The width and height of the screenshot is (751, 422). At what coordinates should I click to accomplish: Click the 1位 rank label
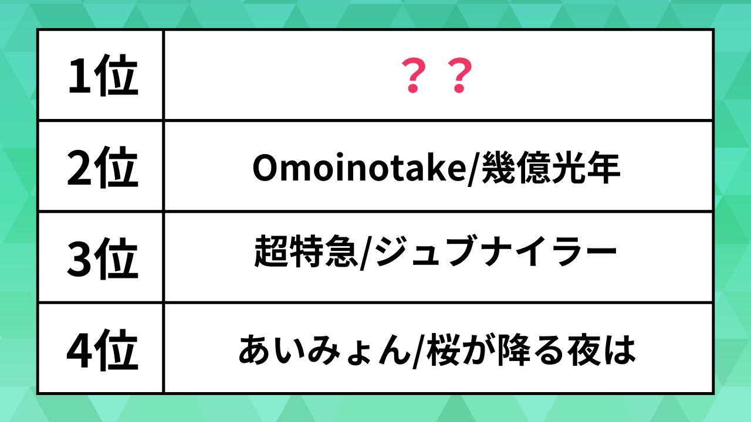pyautogui.click(x=103, y=75)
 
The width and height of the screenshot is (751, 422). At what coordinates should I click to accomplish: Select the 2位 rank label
pyautogui.click(x=103, y=167)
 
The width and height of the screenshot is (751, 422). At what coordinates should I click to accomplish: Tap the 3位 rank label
pyautogui.click(x=103, y=258)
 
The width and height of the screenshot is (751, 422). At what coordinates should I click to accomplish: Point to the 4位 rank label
pyautogui.click(x=103, y=350)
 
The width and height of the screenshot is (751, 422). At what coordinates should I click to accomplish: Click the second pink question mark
pyautogui.click(x=460, y=75)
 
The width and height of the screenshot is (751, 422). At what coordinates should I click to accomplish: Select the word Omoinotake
pyautogui.click(x=359, y=167)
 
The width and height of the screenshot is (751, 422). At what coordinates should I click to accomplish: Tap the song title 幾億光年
pyautogui.click(x=551, y=167)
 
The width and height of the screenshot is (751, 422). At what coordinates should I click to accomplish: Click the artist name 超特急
pyautogui.click(x=306, y=251)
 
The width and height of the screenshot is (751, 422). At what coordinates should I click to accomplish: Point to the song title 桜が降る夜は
pyautogui.click(x=532, y=350)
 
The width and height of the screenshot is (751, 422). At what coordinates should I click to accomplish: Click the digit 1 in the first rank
pyautogui.click(x=80, y=75)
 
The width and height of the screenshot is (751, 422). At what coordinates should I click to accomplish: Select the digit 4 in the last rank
pyautogui.click(x=79, y=350)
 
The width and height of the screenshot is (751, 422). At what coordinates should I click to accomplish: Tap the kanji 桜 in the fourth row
pyautogui.click(x=443, y=350)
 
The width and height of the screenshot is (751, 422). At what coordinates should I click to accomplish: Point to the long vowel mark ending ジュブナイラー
pyautogui.click(x=600, y=251)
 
